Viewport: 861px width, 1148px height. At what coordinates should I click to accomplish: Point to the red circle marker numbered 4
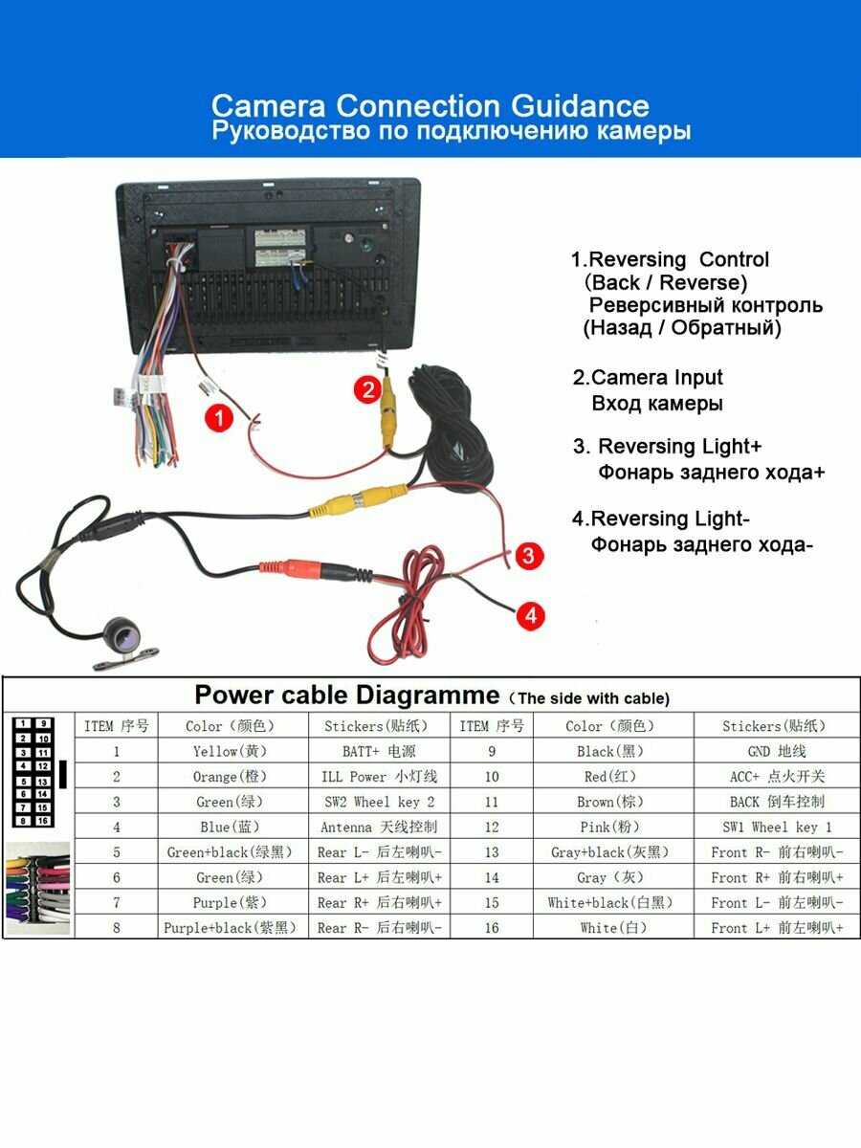pyautogui.click(x=532, y=614)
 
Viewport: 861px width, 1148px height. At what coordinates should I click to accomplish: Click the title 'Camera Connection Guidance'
pyautogui.click(x=430, y=105)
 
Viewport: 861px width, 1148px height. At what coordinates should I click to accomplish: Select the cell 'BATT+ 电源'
pyautogui.click(x=379, y=752)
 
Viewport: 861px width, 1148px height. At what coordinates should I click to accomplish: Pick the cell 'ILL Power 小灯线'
pyautogui.click(x=379, y=777)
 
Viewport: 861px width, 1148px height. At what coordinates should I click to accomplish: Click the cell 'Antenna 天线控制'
pyautogui.click(x=379, y=827)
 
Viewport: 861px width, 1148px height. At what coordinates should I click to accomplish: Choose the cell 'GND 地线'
pyautogui.click(x=777, y=752)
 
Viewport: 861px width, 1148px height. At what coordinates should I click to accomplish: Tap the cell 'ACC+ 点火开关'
pyautogui.click(x=777, y=777)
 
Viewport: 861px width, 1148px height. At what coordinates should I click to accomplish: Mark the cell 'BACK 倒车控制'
pyautogui.click(x=777, y=802)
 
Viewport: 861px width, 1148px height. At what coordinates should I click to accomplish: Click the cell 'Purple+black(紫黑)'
pyautogui.click(x=230, y=928)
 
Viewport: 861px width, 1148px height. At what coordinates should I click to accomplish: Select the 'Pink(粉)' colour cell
pyautogui.click(x=609, y=827)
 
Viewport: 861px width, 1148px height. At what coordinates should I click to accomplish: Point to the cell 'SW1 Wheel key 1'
pyautogui.click(x=777, y=827)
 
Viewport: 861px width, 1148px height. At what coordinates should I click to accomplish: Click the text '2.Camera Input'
pyautogui.click(x=648, y=378)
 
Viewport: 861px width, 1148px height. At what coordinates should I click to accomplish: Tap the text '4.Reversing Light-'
pyautogui.click(x=660, y=519)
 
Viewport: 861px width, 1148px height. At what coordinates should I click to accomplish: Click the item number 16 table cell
pyautogui.click(x=492, y=928)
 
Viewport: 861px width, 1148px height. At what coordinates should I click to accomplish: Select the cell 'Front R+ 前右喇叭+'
pyautogui.click(x=777, y=877)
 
